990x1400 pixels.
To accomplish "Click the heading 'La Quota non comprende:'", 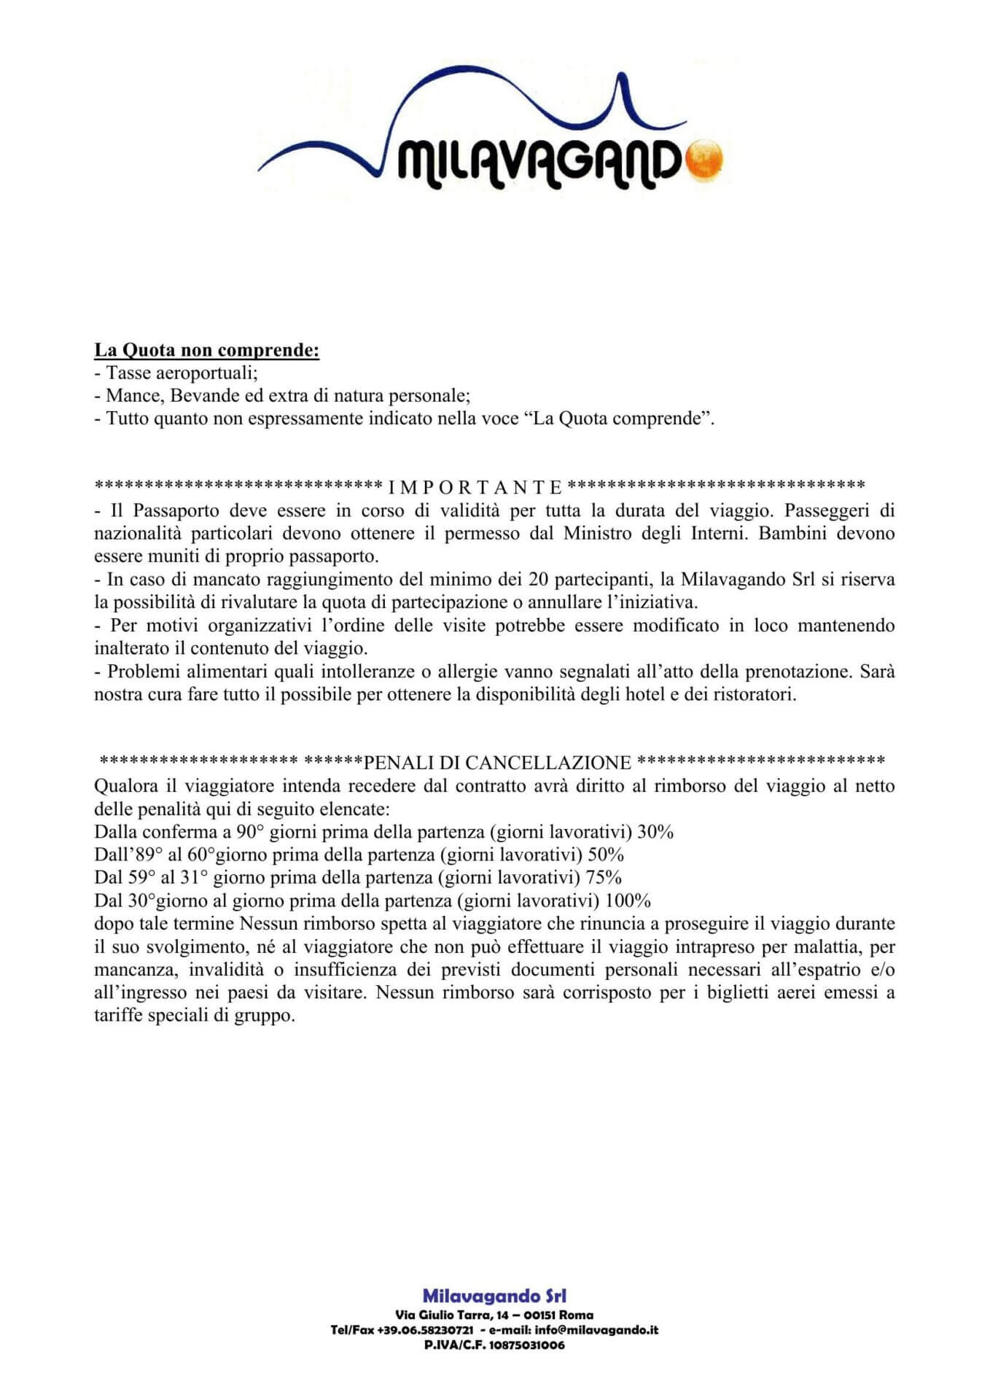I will pos(207,350).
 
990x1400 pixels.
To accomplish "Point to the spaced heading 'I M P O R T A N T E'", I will pos(475,486).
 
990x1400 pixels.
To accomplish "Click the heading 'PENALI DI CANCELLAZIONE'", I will pos(497,763).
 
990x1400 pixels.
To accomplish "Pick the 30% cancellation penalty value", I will pos(655,832).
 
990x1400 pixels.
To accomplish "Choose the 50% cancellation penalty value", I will pos(606,855).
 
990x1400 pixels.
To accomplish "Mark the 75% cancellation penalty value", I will pos(604,877).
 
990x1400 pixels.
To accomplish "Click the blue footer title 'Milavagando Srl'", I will pos(494,1296).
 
